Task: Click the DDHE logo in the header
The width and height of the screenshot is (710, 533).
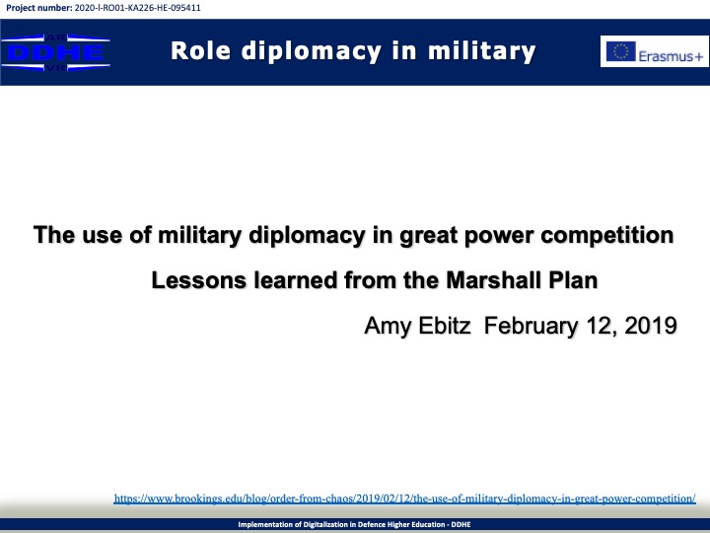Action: (55, 52)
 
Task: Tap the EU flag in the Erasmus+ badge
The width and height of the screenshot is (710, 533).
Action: (621, 51)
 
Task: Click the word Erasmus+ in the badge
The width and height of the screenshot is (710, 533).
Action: (671, 56)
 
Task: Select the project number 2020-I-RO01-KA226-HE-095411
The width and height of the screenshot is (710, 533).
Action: (137, 8)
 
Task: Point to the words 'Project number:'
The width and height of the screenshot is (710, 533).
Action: (38, 8)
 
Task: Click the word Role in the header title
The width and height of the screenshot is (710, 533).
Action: (200, 50)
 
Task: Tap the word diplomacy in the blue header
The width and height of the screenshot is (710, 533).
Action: (312, 51)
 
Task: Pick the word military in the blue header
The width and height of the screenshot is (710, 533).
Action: (482, 51)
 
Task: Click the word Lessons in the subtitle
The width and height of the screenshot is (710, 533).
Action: (199, 280)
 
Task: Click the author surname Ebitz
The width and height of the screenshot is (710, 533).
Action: (444, 326)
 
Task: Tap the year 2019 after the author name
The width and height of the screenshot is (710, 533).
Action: (651, 326)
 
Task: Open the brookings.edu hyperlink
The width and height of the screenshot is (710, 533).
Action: (405, 498)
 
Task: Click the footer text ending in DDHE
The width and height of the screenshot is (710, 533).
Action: (355, 524)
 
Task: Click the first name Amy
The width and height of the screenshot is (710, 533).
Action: (389, 327)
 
